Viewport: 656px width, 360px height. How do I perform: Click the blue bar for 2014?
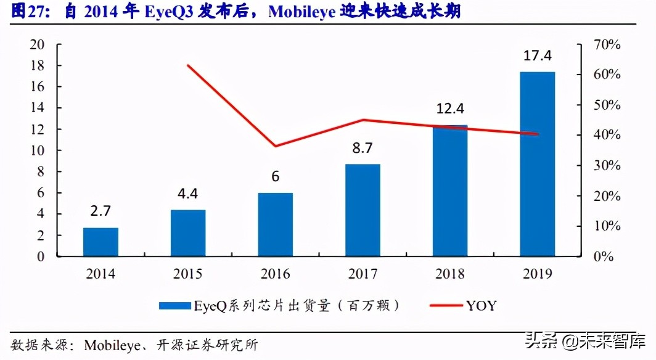click(x=100, y=242)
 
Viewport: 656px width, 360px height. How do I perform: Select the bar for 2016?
click(x=275, y=224)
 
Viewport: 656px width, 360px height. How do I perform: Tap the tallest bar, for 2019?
click(x=537, y=164)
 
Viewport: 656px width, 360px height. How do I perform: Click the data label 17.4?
click(x=538, y=56)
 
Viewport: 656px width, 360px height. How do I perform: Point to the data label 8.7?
click(x=363, y=148)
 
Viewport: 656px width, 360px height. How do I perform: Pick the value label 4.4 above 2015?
click(x=187, y=194)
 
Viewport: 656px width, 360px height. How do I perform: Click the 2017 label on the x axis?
click(x=363, y=274)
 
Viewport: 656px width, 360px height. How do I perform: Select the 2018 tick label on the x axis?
click(x=450, y=274)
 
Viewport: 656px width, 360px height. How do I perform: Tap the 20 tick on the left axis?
click(x=38, y=44)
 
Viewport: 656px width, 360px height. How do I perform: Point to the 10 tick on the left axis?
click(x=38, y=150)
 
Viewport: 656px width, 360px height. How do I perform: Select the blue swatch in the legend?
click(x=176, y=305)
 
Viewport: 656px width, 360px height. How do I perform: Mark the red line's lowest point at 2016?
click(x=275, y=146)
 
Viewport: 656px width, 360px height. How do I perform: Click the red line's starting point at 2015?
click(x=187, y=65)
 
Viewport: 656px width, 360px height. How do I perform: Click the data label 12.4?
click(x=450, y=109)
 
